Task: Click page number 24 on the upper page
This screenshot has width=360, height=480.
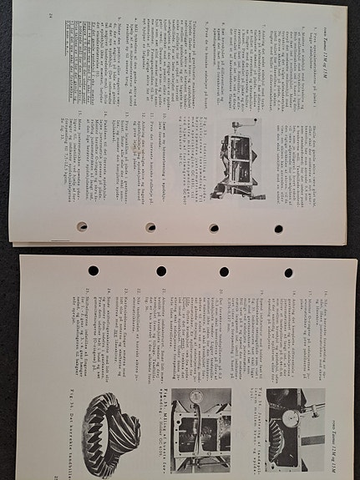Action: (50, 15)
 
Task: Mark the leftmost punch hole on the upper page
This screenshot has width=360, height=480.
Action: (82, 226)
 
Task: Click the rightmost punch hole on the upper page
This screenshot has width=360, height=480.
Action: (278, 228)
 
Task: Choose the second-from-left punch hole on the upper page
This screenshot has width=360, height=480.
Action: (150, 227)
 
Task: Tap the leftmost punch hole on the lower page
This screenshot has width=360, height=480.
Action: (92, 270)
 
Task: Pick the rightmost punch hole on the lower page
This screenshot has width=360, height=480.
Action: (288, 273)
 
